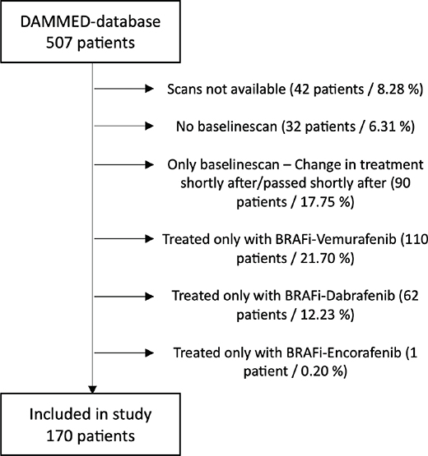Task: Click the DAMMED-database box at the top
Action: pyautogui.click(x=91, y=31)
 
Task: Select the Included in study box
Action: pyautogui.click(x=91, y=425)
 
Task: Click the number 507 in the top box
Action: pyautogui.click(x=59, y=43)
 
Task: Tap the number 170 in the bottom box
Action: pyautogui.click(x=59, y=436)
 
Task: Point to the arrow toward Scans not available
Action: pyautogui.click(x=124, y=89)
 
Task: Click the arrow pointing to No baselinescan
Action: pyautogui.click(x=124, y=126)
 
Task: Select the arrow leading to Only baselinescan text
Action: pyautogui.click(x=124, y=165)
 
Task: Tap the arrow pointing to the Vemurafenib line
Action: pyautogui.click(x=124, y=239)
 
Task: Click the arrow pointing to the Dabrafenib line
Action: pyautogui.click(x=124, y=297)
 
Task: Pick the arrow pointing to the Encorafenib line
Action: pyautogui.click(x=124, y=352)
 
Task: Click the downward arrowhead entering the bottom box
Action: pyautogui.click(x=92, y=389)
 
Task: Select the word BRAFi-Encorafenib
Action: pyautogui.click(x=344, y=352)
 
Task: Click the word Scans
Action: pyautogui.click(x=185, y=89)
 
